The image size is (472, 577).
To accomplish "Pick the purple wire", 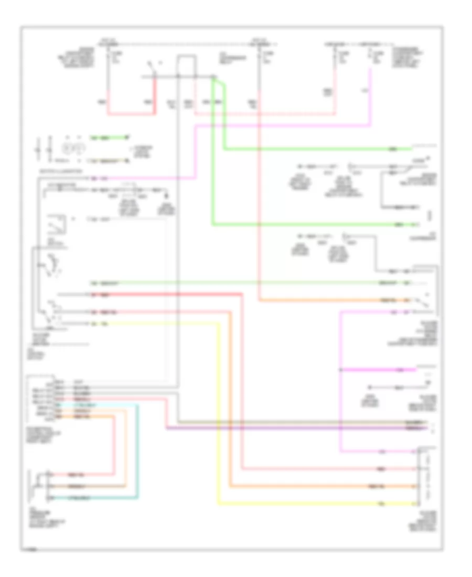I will (x=294, y=429).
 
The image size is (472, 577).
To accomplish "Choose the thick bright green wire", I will (x=315, y=149).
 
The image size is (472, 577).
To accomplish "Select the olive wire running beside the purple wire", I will (x=294, y=422).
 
